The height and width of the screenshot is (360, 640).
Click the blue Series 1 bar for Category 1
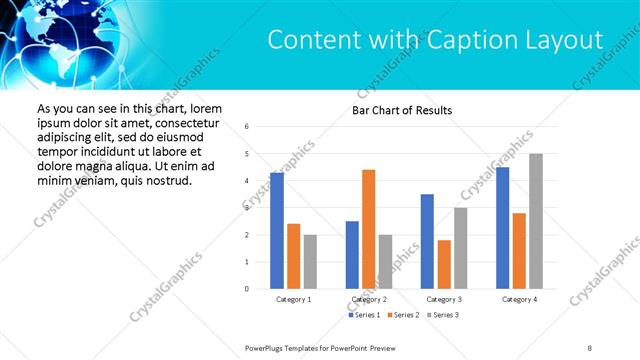[277, 231]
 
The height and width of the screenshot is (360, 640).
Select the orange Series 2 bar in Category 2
[369, 229]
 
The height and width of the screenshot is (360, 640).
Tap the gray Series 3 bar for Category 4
[536, 221]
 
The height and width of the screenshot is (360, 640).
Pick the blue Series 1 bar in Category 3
[427, 241]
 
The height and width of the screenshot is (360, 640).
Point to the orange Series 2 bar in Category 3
[444, 264]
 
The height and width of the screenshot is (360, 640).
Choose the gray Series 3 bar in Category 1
[310, 262]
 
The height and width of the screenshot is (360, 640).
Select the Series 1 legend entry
[364, 315]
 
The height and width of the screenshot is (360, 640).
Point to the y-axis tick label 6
[247, 127]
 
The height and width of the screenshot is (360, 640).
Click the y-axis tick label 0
[247, 289]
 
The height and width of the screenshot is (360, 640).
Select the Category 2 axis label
[369, 299]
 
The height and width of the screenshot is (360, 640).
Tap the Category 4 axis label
[519, 299]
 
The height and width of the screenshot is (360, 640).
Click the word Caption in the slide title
[467, 40]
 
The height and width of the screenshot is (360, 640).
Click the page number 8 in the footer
[589, 347]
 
